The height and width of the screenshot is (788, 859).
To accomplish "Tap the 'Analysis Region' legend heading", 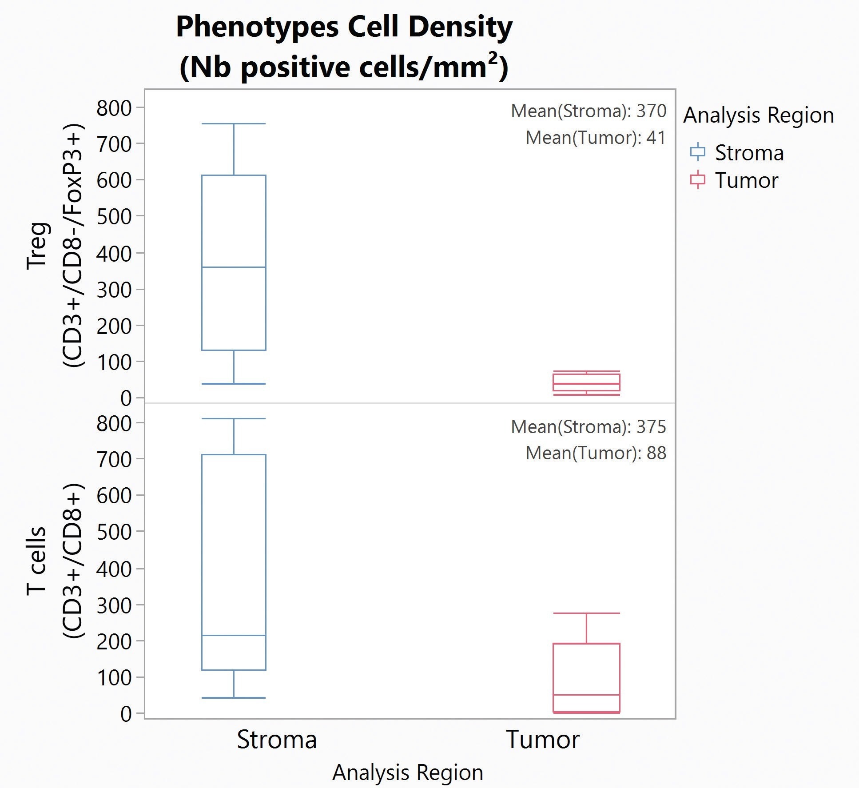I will pyautogui.click(x=758, y=115).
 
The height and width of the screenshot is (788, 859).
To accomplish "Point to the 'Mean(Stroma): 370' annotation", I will pyautogui.click(x=588, y=111).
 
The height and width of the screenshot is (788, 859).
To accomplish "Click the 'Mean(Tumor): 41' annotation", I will pyautogui.click(x=595, y=138).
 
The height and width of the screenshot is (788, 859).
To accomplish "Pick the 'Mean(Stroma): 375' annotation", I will pyautogui.click(x=588, y=427).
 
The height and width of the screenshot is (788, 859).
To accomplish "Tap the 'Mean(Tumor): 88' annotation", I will pyautogui.click(x=595, y=454).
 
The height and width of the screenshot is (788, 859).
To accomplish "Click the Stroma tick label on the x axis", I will pyautogui.click(x=277, y=740).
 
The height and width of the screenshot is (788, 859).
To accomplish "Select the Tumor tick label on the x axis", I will pyautogui.click(x=543, y=740).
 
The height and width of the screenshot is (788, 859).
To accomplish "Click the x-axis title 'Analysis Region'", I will pyautogui.click(x=407, y=772).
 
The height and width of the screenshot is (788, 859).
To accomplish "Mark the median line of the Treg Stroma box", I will pyautogui.click(x=234, y=267).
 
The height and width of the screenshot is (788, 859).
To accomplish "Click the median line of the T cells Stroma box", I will pyautogui.click(x=234, y=636).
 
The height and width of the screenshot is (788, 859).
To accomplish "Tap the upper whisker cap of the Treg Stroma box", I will pyautogui.click(x=234, y=124).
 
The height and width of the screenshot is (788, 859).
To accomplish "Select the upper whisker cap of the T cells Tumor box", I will pyautogui.click(x=586, y=613).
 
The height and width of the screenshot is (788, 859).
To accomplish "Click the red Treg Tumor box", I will pyautogui.click(x=586, y=382).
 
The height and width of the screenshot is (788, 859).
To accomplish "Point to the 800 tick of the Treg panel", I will pyautogui.click(x=114, y=108).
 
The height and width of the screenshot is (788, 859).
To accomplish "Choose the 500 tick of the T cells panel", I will pyautogui.click(x=114, y=532).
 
